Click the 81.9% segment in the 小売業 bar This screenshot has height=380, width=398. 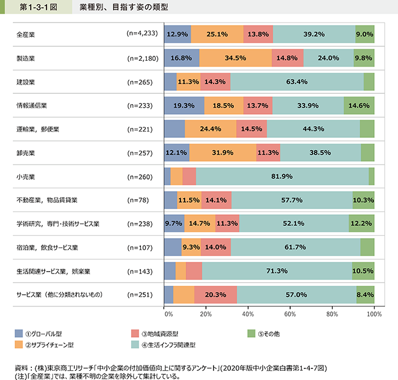pyautogui.click(x=283, y=176)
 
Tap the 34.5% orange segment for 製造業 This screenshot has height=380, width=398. pyautogui.click(x=236, y=58)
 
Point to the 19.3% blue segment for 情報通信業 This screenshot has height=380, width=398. pyautogui.click(x=184, y=105)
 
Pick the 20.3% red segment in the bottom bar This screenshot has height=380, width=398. pyautogui.click(x=215, y=294)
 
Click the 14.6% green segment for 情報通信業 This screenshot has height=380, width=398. pyautogui.click(x=359, y=105)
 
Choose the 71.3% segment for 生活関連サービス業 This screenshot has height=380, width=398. pyautogui.click(x=277, y=271)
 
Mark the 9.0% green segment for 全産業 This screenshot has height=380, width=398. pyautogui.click(x=364, y=34)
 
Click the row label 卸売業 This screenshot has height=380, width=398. pyautogui.click(x=26, y=153)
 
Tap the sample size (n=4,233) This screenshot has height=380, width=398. pyautogui.click(x=141, y=34)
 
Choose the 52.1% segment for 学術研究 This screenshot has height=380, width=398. pyautogui.click(x=294, y=224)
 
